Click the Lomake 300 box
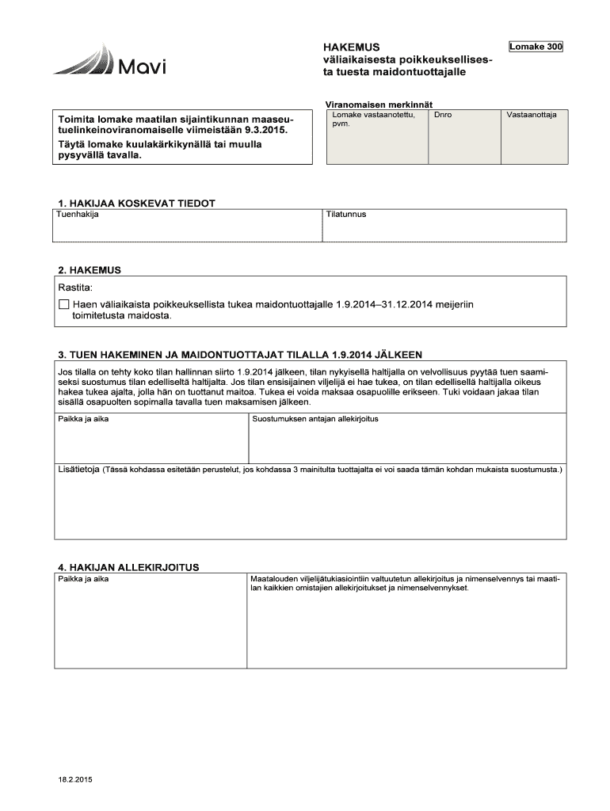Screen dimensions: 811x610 536,48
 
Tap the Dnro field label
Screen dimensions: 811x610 443,115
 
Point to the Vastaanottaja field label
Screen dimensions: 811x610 532,115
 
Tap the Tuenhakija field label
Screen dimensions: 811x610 78,215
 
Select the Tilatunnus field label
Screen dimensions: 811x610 346,215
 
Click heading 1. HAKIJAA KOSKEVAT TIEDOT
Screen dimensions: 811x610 136,203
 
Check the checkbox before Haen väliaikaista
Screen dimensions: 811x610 65,304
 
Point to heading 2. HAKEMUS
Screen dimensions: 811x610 90,269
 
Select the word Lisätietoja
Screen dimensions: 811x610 77,470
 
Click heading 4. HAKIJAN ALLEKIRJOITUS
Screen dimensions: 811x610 128,567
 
